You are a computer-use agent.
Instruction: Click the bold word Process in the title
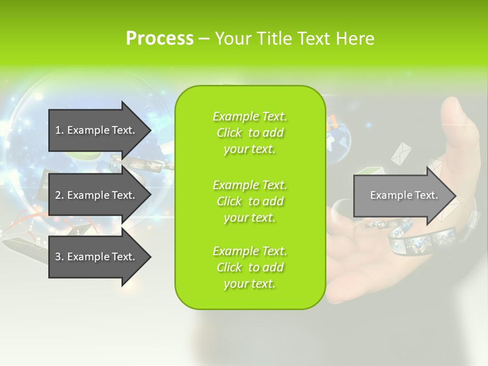click(x=160, y=39)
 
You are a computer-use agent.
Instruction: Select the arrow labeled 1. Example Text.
click(x=97, y=130)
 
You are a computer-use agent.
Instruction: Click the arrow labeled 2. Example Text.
click(x=97, y=195)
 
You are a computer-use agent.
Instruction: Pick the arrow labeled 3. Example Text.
click(x=97, y=257)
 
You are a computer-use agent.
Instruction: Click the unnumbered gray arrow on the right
click(x=402, y=195)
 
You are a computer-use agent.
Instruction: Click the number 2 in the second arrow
click(x=58, y=195)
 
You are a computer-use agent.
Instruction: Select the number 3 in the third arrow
click(x=58, y=257)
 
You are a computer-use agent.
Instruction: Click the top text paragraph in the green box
click(x=250, y=133)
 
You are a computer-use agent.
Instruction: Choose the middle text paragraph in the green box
click(x=250, y=201)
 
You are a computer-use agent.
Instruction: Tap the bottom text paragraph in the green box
click(x=250, y=267)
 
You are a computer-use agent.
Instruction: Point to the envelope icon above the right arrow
click(x=401, y=153)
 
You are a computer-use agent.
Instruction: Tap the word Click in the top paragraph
click(x=229, y=133)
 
